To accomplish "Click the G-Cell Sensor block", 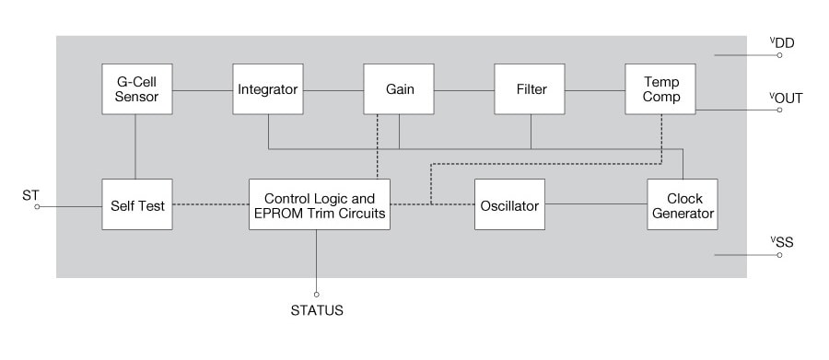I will coord(136,89).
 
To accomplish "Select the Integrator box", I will coord(267,89).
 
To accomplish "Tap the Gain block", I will coord(399,89).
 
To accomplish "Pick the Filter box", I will coord(530,89).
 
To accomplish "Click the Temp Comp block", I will coord(660,89).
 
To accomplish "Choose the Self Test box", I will coord(136,204).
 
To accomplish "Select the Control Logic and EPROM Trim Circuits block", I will coord(319,204).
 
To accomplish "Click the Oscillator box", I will coord(508,204).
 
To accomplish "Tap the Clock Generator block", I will coord(682,204).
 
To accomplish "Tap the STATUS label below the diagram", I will coord(316,311).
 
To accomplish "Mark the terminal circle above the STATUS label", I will coord(317,295).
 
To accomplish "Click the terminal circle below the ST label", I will coord(38,207).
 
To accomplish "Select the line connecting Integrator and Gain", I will coord(333,90).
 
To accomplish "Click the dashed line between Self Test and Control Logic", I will coord(210,204).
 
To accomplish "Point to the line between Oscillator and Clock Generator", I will coord(594,204).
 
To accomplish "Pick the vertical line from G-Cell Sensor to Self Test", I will coord(136,146).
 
